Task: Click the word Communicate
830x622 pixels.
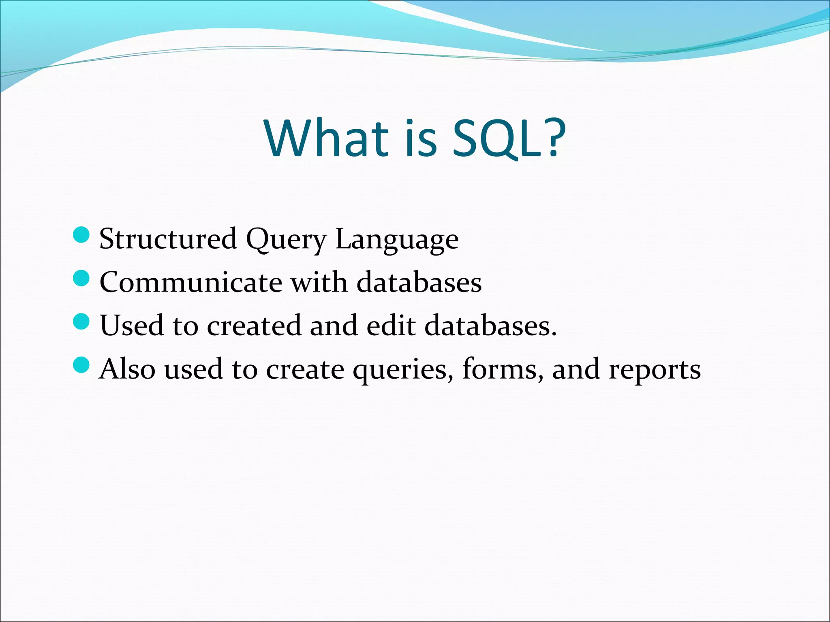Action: (190, 282)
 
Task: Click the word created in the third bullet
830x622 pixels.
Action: (254, 326)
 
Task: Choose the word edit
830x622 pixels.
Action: (391, 326)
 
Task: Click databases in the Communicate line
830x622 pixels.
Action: (419, 282)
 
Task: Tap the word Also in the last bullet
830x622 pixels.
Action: (127, 369)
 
